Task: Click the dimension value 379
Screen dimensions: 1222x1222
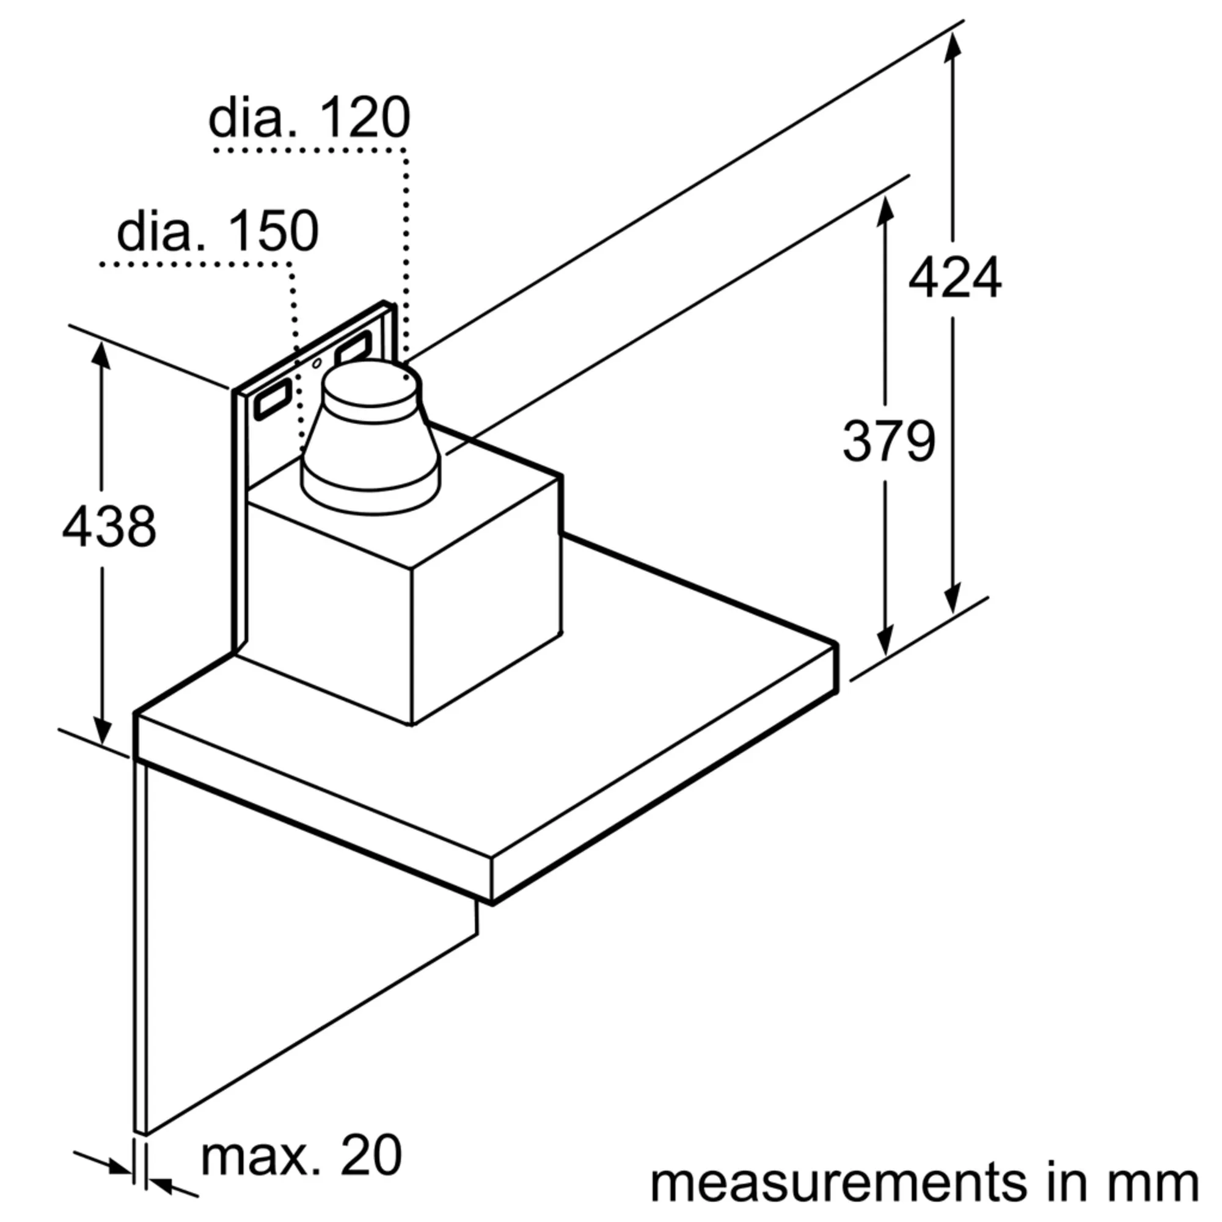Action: [x=888, y=441]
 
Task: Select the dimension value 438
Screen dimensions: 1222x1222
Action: [x=109, y=526]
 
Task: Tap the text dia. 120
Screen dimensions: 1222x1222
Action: [x=309, y=119]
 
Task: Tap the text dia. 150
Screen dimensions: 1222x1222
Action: [x=218, y=232]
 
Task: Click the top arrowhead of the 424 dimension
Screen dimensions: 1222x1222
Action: [x=952, y=44]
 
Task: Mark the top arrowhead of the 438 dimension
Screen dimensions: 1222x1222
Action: [x=101, y=354]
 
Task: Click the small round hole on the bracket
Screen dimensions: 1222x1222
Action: [x=317, y=363]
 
